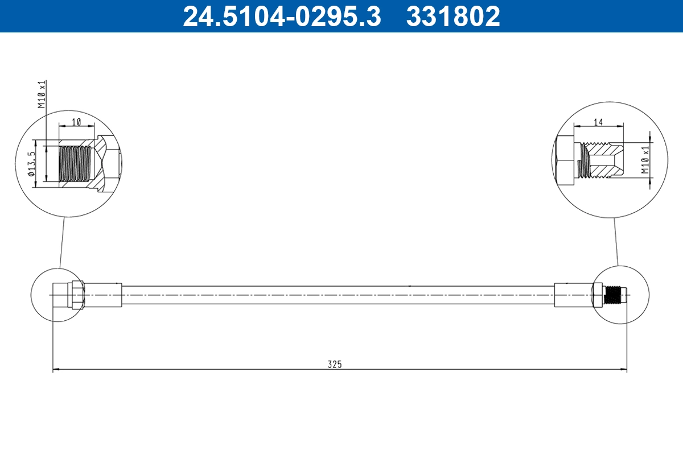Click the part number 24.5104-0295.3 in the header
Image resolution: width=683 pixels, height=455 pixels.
coord(281,16)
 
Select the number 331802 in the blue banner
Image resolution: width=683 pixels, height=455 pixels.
coord(453,16)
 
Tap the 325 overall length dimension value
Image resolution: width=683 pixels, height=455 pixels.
coord(335,364)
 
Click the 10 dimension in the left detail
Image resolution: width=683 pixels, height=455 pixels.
coord(76,122)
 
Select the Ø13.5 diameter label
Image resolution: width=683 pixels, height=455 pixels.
coord(32,164)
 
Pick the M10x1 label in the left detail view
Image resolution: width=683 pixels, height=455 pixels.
coord(42,94)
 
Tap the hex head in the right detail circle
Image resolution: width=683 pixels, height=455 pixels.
coord(564,161)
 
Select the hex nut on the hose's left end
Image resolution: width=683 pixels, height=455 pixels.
coord(77,295)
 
